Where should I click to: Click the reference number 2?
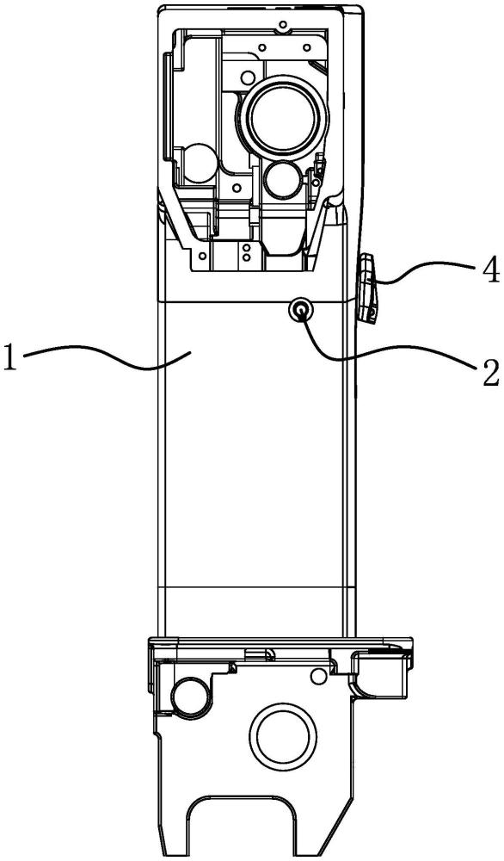click(489, 372)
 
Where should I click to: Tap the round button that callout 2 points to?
click(300, 311)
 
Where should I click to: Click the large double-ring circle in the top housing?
click(283, 116)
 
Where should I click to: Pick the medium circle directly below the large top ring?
click(281, 180)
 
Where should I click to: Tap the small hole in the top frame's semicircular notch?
click(284, 25)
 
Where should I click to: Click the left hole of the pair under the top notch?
click(262, 46)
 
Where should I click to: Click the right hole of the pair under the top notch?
click(306, 46)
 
